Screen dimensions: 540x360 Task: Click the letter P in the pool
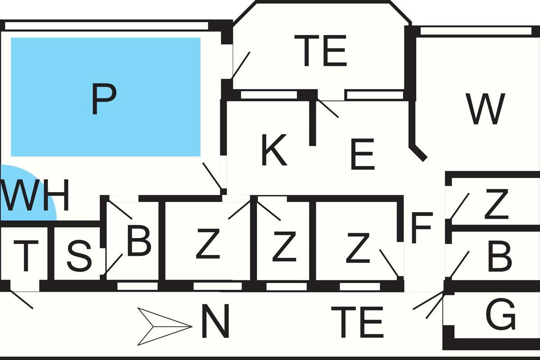(104, 99)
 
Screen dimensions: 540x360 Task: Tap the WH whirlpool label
(35, 195)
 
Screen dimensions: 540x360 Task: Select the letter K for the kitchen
(274, 150)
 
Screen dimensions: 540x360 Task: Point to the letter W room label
(485, 109)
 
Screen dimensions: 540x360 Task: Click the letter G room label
(500, 314)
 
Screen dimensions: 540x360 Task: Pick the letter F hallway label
(422, 228)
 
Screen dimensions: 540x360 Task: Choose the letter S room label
(79, 256)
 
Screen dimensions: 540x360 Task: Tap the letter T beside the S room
(26, 256)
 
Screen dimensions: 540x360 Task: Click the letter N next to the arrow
(215, 321)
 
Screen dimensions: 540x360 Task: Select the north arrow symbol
(165, 327)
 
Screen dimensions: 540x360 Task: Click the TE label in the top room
(320, 51)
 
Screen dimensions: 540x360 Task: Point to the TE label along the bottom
(357, 322)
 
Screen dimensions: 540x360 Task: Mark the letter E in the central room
(363, 154)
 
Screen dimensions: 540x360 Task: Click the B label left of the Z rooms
(139, 242)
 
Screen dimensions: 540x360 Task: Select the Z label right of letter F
(497, 204)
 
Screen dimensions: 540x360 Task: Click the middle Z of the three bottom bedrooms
(284, 247)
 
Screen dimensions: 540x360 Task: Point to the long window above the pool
(106, 26)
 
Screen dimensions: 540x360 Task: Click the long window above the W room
(476, 31)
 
